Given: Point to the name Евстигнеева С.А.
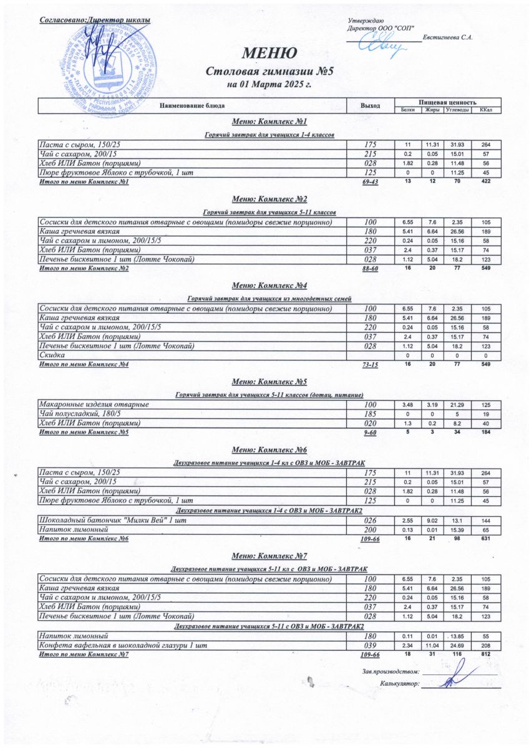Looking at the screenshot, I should point(447,39).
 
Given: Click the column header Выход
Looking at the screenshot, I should point(371,105).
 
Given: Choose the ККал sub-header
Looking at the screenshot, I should point(483,110).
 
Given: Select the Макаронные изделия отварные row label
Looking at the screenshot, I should point(94,405).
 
